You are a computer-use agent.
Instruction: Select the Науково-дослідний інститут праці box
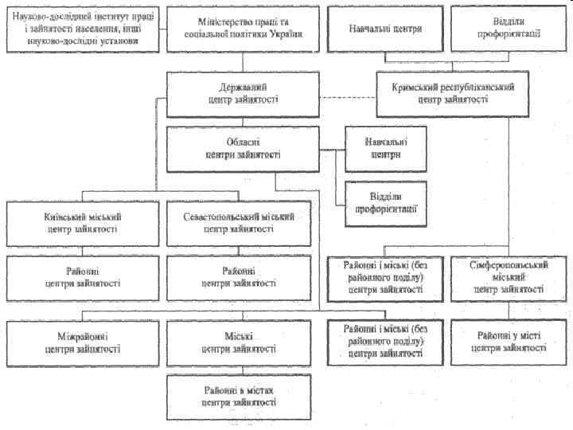click(x=84, y=29)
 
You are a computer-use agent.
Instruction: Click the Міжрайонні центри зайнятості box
click(x=84, y=342)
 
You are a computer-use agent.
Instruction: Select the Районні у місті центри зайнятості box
click(x=509, y=342)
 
